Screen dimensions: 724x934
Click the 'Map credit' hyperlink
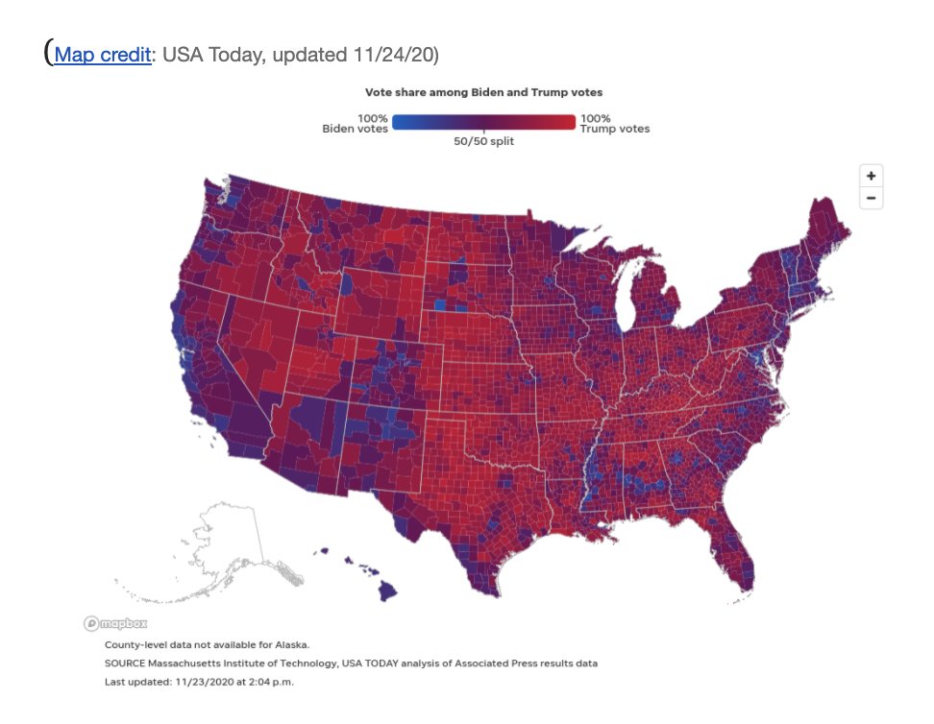click(102, 55)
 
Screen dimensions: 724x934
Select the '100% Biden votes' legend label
click(355, 123)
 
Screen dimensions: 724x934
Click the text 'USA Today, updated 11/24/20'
click(300, 55)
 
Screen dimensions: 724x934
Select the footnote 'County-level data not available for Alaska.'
click(207, 644)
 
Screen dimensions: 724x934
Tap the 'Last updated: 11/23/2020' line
click(199, 682)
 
